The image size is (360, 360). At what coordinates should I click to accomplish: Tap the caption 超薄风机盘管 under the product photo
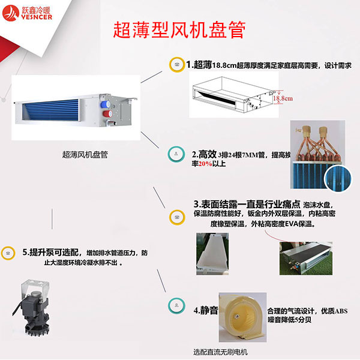click(x=85, y=154)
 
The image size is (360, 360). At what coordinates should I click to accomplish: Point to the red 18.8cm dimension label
click(x=282, y=97)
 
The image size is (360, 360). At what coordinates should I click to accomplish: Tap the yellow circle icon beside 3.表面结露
click(x=176, y=215)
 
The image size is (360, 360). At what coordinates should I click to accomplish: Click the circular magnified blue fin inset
click(x=336, y=178)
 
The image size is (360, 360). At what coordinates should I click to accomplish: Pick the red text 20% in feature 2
click(x=205, y=164)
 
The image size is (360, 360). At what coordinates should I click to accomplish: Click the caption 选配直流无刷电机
click(x=220, y=352)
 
